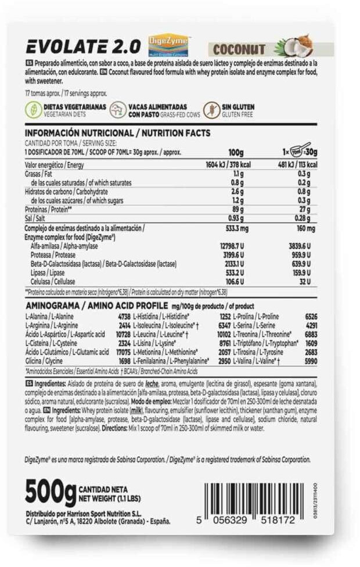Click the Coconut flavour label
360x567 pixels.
239,50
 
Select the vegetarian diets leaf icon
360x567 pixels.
33,110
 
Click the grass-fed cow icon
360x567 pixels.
118,110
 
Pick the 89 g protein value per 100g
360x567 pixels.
236,209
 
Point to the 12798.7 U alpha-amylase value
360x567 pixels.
231,246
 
